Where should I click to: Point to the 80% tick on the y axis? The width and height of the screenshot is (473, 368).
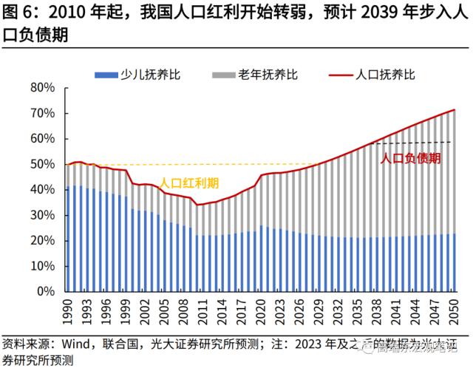44,88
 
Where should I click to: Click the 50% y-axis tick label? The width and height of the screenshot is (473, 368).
44,165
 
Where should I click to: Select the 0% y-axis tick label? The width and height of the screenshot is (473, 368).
47,292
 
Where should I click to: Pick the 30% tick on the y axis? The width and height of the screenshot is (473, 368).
44,216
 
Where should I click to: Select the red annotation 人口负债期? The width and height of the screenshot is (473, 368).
411,157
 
